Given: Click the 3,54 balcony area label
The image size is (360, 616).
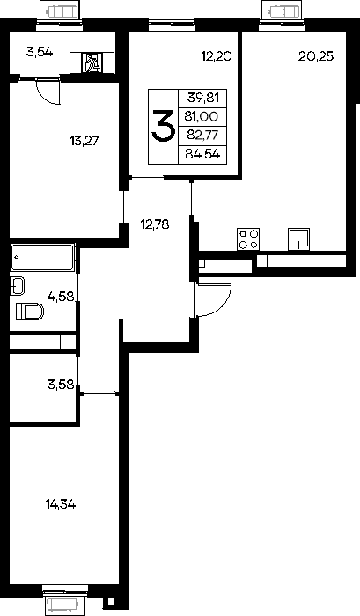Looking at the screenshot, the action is (40, 52).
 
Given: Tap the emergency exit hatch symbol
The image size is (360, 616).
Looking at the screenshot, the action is (92, 62).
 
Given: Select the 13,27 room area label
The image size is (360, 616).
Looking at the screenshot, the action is (84, 141).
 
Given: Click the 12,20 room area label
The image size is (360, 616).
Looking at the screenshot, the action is (217, 56).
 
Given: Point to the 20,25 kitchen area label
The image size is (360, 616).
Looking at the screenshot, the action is (316, 56).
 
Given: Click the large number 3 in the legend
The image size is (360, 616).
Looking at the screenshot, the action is (163, 126).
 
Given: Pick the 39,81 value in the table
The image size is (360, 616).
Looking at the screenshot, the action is (202, 98).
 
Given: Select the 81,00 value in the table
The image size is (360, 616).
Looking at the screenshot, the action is (202, 117).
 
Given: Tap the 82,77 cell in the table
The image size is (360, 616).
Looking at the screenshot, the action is (202, 136).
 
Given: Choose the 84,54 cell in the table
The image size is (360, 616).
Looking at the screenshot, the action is (202, 154).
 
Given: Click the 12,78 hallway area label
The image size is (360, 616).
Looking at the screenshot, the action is (155, 224).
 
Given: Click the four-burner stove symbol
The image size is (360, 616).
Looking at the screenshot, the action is (248, 238).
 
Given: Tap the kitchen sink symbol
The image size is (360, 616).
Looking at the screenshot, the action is (299, 238).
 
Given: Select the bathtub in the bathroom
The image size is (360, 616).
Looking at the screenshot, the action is (43, 257).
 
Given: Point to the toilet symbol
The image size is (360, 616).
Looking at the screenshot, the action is (30, 312).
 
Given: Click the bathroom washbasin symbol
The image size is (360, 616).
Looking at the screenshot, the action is (18, 286).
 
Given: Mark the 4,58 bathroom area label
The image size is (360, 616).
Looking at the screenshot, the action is (61, 296).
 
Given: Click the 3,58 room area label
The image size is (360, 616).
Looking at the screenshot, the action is (61, 385).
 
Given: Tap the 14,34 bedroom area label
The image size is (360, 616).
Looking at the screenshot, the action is (61, 503).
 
